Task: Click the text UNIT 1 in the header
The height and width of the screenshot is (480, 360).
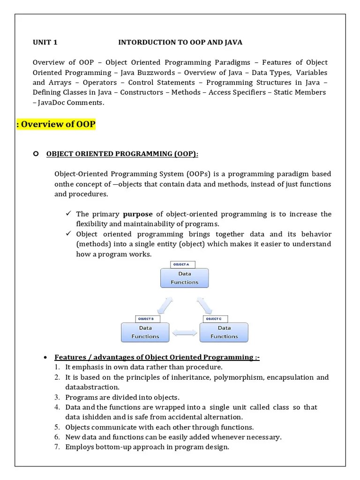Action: pos(45,43)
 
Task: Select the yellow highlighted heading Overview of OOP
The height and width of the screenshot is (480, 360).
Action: pos(56,124)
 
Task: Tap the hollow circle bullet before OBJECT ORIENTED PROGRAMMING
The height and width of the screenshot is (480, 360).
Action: pos(36,154)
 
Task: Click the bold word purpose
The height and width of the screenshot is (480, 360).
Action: pos(137,214)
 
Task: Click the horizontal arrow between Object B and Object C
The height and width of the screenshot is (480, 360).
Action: pos(184,333)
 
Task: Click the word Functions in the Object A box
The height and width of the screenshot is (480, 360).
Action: pos(184,282)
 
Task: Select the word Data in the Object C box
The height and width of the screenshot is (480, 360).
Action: pos(224,328)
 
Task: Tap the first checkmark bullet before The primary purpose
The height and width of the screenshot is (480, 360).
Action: pos(68,214)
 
